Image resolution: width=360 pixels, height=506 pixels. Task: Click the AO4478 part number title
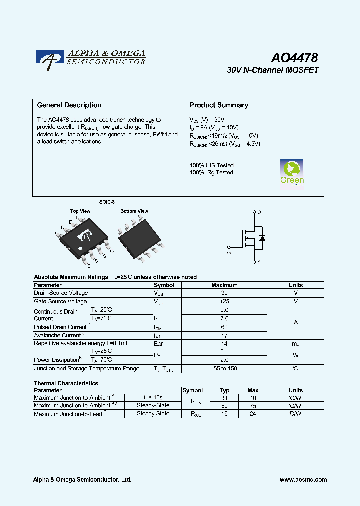coord(295,59)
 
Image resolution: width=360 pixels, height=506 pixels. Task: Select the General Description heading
coord(69,105)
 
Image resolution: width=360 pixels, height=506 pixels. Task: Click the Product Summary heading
coord(219,105)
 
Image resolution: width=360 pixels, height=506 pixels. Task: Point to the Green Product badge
coord(292,173)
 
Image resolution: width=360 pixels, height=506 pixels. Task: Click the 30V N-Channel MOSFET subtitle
coord(273,70)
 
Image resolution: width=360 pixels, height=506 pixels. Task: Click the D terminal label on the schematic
coord(259,212)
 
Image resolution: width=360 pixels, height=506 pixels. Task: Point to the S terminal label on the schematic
coord(259,262)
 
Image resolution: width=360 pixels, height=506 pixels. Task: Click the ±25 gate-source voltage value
coord(224,301)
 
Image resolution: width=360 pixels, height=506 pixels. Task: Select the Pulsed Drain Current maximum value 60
coord(224,327)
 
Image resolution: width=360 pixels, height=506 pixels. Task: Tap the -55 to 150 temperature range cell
coord(224,368)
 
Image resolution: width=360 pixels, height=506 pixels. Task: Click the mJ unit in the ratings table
coord(295,343)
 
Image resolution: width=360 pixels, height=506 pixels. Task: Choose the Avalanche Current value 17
coord(224,335)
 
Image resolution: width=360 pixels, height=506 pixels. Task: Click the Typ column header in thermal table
coord(224,390)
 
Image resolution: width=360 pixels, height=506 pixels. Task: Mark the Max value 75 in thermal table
coord(253,406)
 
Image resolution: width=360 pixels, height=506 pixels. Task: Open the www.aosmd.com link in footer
coord(303,480)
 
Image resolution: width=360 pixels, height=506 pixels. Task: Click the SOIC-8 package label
coord(106,202)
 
